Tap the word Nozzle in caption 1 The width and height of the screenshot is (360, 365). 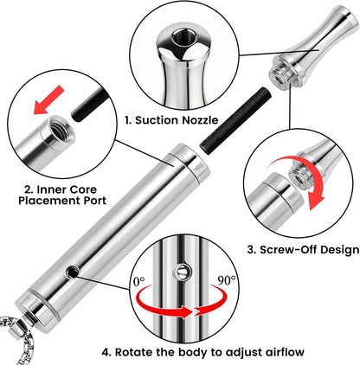tap(200, 120)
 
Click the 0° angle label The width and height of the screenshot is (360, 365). tap(139, 281)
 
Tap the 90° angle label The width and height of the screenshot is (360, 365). tap(226, 280)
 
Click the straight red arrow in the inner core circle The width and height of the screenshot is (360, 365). tap(48, 99)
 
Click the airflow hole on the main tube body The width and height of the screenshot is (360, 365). tap(72, 272)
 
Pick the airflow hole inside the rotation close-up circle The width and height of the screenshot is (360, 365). tap(182, 271)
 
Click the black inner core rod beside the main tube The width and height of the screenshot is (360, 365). tap(236, 120)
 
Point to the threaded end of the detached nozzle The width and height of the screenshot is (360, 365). tap(280, 75)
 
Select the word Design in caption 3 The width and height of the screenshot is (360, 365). tap(338, 250)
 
